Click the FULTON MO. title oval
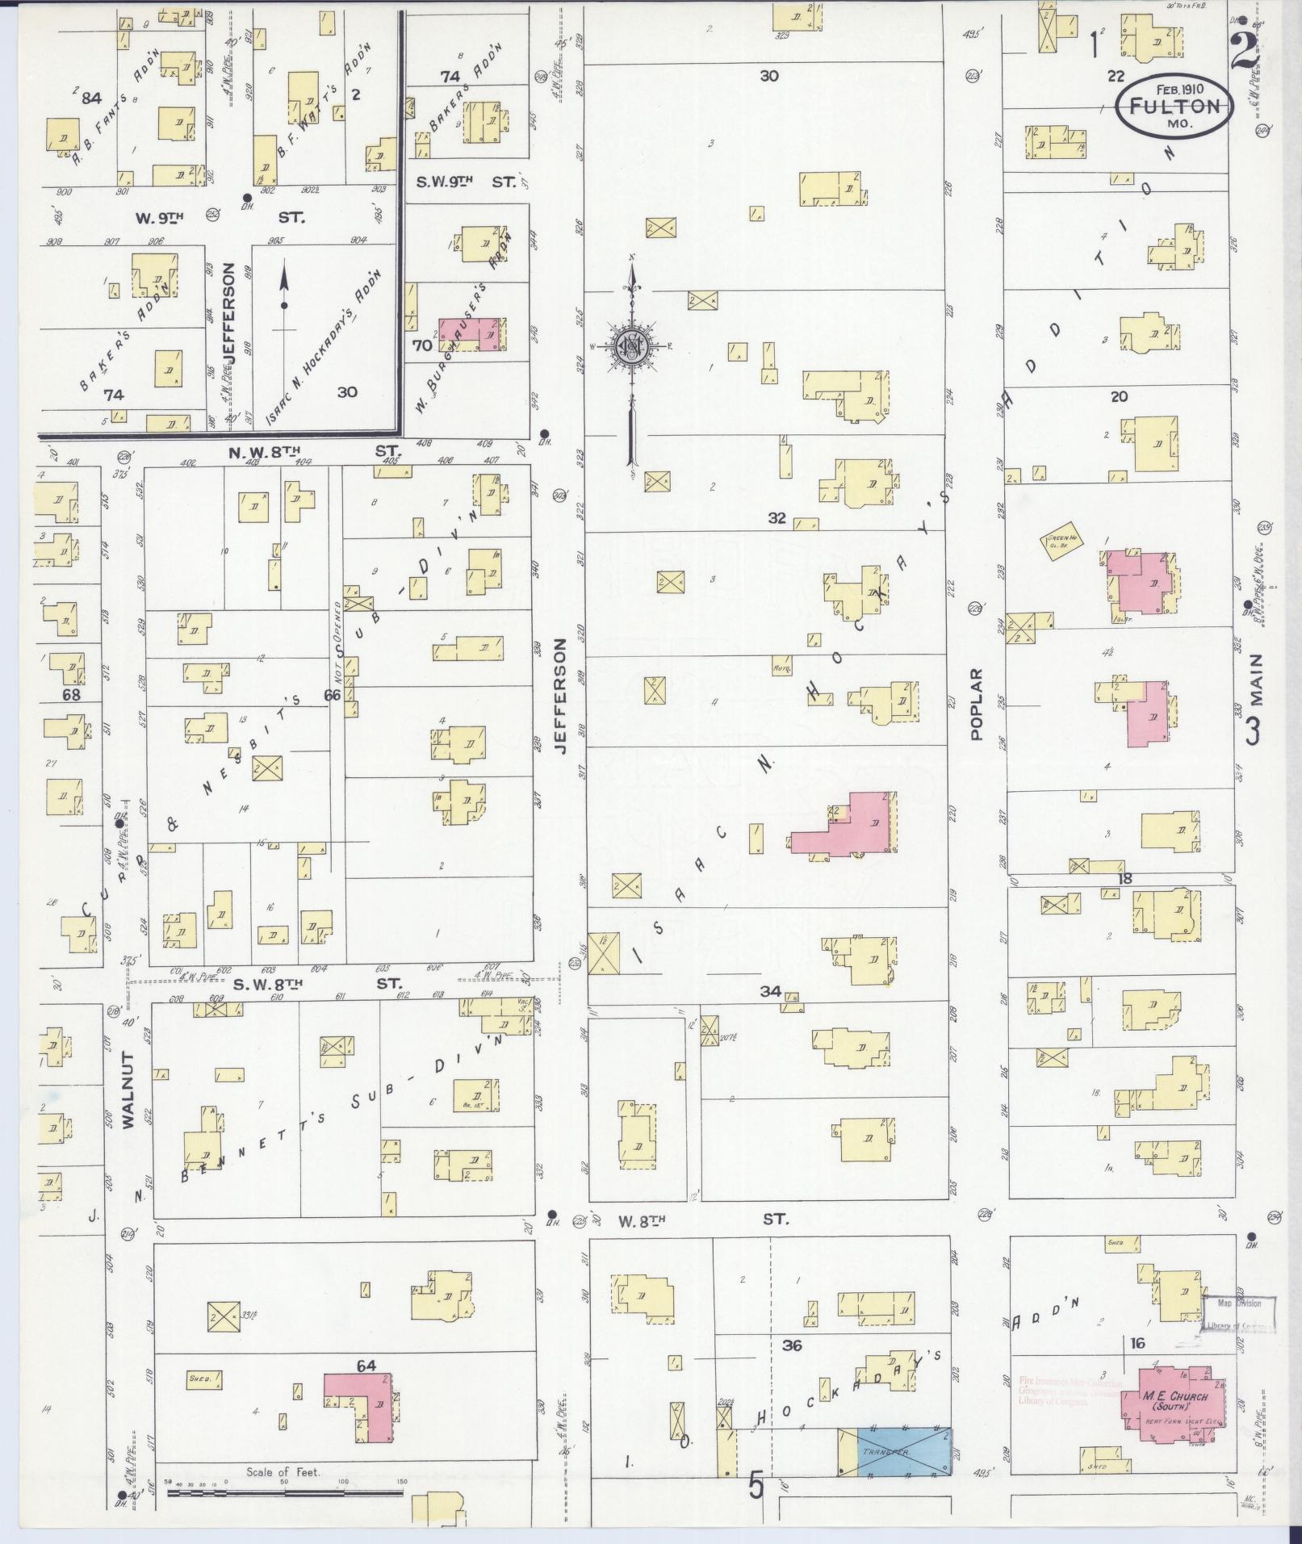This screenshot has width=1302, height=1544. click(x=1174, y=107)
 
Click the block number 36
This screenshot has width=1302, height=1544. click(x=792, y=1345)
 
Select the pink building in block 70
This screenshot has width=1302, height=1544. click(x=471, y=334)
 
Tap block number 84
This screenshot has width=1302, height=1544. click(x=90, y=98)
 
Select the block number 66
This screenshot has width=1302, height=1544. click(x=332, y=694)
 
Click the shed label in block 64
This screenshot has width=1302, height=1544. click(x=199, y=1379)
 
